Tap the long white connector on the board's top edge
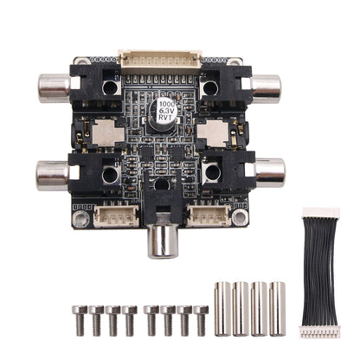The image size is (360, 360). pos(160,60)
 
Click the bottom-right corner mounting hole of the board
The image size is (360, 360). pos(239,219)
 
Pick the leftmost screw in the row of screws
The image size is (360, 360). pos(80,319)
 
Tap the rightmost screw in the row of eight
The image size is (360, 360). pos(201,319)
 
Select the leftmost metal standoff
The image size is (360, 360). pos(222,307)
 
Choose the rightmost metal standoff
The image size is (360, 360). pos(277,307)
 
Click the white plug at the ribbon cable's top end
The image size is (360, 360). pos(320,213)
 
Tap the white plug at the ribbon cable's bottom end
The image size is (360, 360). pos(320,331)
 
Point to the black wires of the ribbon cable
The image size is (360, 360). pos(320,272)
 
